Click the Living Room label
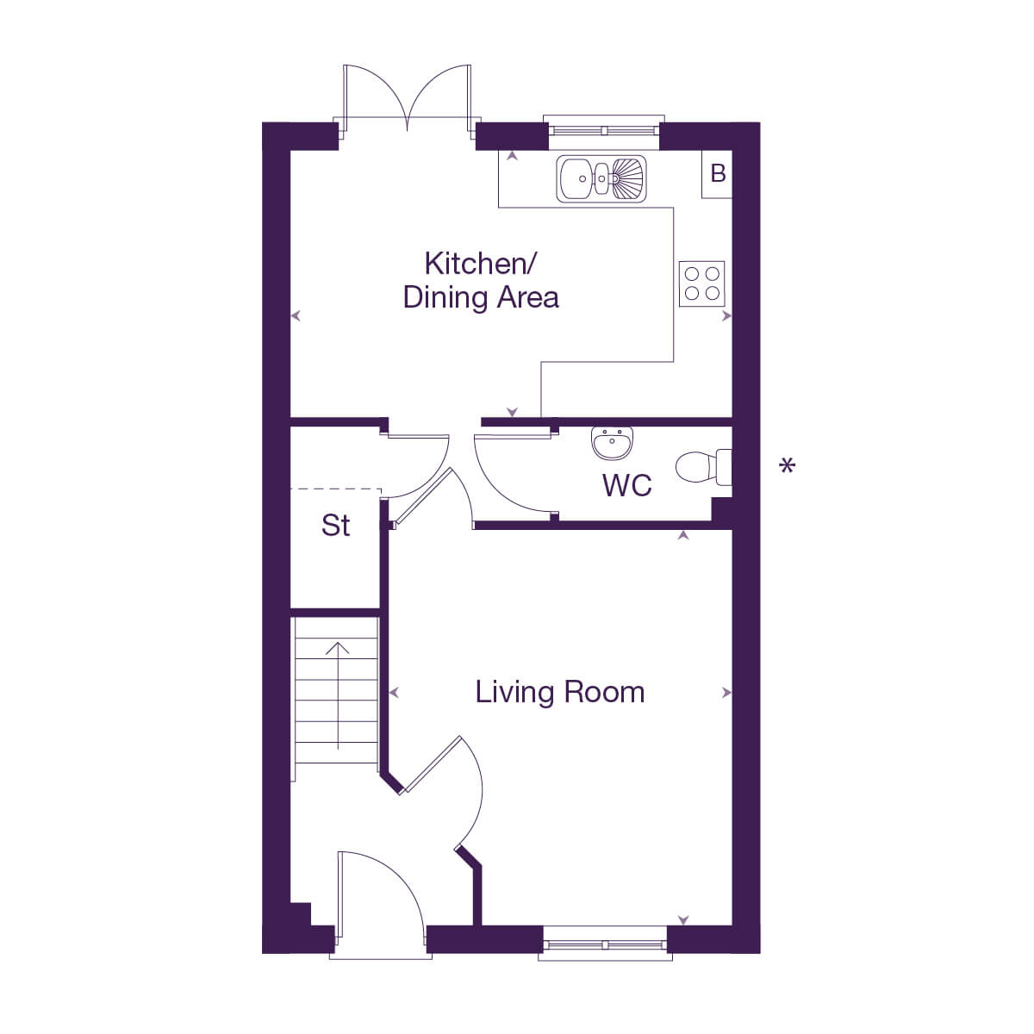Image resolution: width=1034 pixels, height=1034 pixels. pos(559,692)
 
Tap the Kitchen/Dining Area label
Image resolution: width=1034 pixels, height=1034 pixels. pos(481,280)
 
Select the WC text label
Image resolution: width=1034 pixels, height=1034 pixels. pos(626,485)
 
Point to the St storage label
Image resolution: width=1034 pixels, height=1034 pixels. pos(335,525)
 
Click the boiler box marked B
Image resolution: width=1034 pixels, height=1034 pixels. pos(718,174)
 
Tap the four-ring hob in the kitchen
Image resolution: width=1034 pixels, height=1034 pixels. pos(701,283)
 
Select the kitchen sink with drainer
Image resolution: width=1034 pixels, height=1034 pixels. pos(601,179)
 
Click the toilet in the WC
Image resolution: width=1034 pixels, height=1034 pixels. pos(702,467)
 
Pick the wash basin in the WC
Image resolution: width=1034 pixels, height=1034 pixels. pos(613,443)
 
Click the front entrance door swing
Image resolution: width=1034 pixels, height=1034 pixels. pos(379,896)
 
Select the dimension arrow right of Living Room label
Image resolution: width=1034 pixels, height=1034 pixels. pos(726,693)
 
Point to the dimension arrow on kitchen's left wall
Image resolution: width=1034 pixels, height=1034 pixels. pos(296,316)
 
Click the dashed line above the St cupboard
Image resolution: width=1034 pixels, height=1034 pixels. pos(336,489)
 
